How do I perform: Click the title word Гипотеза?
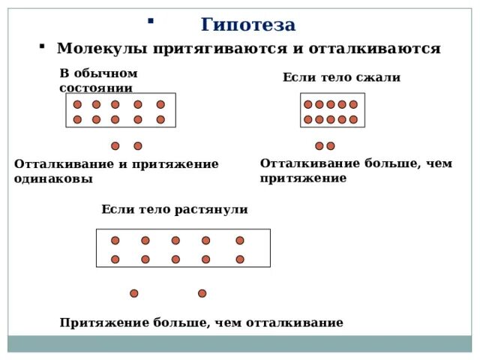click(x=248, y=25)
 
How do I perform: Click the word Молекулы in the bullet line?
click(x=103, y=49)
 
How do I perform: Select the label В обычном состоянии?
click(x=98, y=79)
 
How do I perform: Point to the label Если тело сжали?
click(x=341, y=77)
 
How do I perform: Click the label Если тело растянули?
click(x=174, y=209)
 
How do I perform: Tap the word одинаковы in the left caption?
click(x=53, y=178)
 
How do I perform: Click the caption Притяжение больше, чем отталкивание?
click(x=201, y=322)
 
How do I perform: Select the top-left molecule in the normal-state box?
click(x=77, y=105)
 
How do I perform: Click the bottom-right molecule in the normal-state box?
click(x=160, y=119)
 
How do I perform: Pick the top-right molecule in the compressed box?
click(x=353, y=105)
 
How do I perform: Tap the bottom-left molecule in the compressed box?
click(x=308, y=119)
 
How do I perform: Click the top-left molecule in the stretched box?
click(x=115, y=241)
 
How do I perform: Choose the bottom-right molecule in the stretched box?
click(x=240, y=259)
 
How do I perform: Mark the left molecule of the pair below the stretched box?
click(x=134, y=293)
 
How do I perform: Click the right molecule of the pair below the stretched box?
click(x=202, y=293)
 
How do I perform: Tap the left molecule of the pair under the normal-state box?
click(x=115, y=146)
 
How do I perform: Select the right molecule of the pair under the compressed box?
click(x=331, y=146)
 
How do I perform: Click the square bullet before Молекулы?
click(x=42, y=47)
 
